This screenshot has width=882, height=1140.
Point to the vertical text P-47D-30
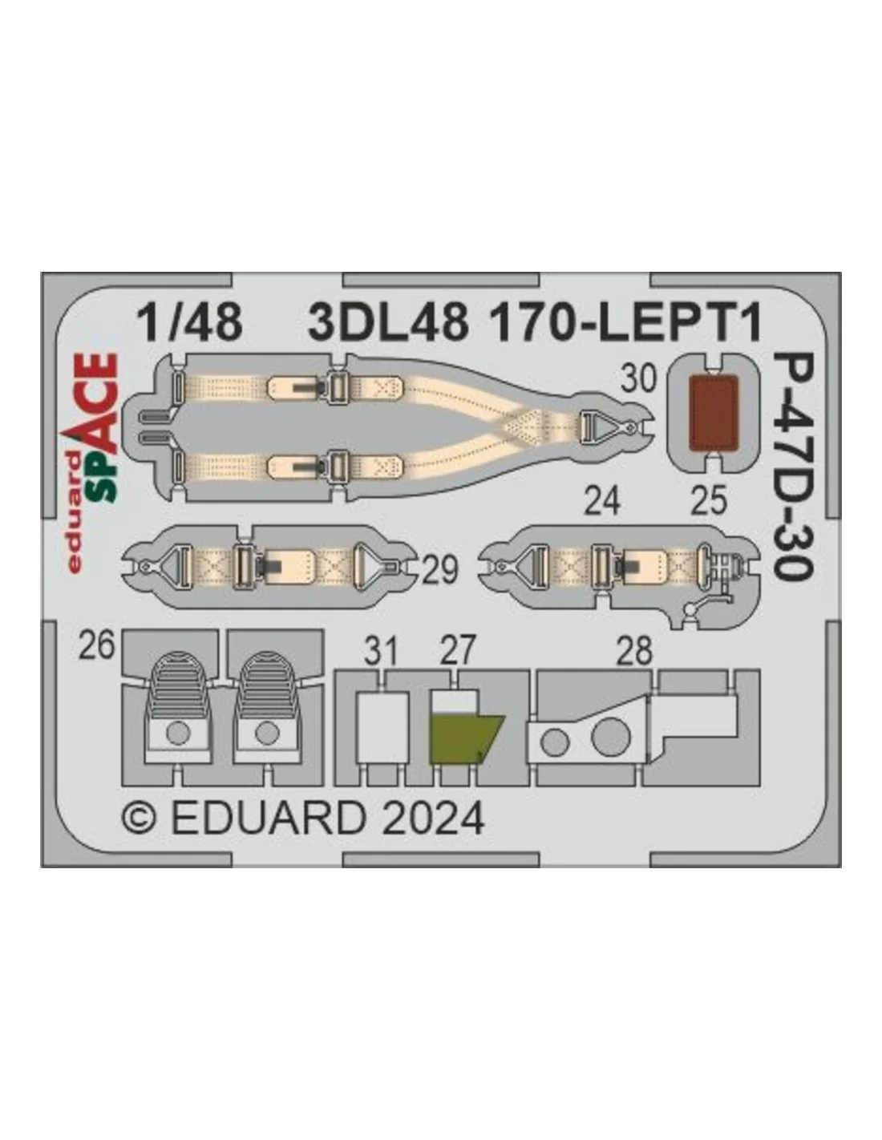793,467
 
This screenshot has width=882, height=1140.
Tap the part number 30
638,378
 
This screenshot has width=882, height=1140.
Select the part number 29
440,570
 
